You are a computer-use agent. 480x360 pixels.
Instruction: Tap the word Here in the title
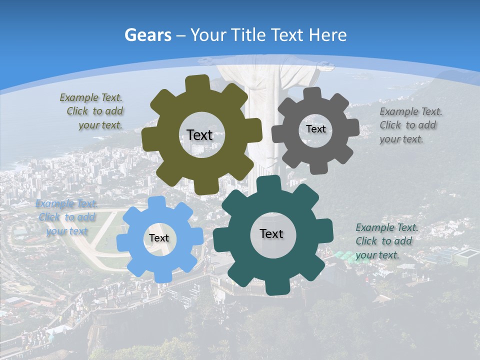[x=327, y=35]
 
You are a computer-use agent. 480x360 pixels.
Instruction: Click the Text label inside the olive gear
[x=199, y=135]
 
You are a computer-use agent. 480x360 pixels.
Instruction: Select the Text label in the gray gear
[x=315, y=129]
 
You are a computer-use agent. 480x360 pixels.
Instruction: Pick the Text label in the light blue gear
[x=159, y=238]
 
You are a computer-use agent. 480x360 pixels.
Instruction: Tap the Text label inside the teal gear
[x=271, y=233]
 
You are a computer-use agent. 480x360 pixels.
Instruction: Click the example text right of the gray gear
[x=410, y=125]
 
